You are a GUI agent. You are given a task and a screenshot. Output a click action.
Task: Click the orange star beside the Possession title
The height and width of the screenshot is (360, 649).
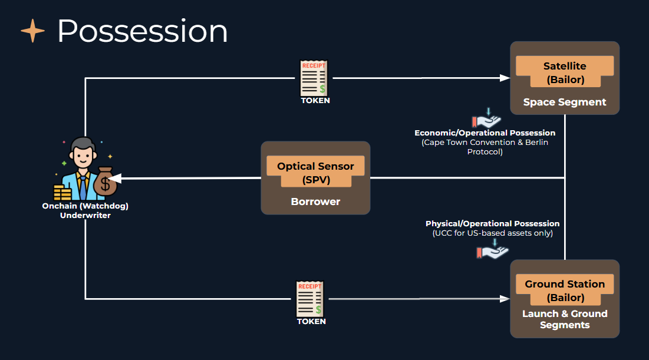click(x=32, y=31)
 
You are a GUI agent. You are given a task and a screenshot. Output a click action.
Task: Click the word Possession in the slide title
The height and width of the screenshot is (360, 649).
click(x=142, y=31)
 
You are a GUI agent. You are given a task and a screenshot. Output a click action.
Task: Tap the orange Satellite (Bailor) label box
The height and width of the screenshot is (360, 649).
click(x=564, y=73)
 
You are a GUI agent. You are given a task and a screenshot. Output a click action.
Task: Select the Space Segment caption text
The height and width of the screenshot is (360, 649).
click(x=564, y=102)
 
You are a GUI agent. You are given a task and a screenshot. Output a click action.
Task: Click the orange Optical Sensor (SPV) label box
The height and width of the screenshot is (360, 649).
click(x=315, y=173)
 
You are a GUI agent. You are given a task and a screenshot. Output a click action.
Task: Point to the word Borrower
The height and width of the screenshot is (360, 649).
click(x=315, y=202)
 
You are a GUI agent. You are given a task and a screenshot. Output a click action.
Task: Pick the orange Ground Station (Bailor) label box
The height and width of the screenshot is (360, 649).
click(x=564, y=290)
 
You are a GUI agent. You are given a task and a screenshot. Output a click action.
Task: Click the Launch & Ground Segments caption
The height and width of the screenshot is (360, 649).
click(x=564, y=319)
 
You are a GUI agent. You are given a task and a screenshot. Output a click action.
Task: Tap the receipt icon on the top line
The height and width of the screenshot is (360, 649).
click(x=315, y=78)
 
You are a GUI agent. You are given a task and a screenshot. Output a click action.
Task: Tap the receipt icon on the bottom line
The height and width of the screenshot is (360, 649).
click(x=310, y=299)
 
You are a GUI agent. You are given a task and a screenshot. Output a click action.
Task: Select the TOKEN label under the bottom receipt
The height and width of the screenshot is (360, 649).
click(x=311, y=322)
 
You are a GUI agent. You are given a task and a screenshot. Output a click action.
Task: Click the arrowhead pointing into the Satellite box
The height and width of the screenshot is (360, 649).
click(x=505, y=78)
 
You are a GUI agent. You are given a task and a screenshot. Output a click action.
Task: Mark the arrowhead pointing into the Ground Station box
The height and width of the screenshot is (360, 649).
click(x=505, y=299)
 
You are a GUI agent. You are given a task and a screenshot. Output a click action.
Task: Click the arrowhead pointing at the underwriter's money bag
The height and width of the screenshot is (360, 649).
click(x=114, y=178)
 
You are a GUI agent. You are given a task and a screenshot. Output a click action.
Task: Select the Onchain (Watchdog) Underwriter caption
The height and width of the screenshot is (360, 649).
click(x=85, y=211)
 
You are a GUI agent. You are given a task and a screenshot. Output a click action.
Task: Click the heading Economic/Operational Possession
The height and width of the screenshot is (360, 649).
click(x=485, y=133)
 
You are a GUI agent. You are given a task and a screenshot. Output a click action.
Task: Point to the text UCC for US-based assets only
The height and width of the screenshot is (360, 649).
click(x=492, y=233)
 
